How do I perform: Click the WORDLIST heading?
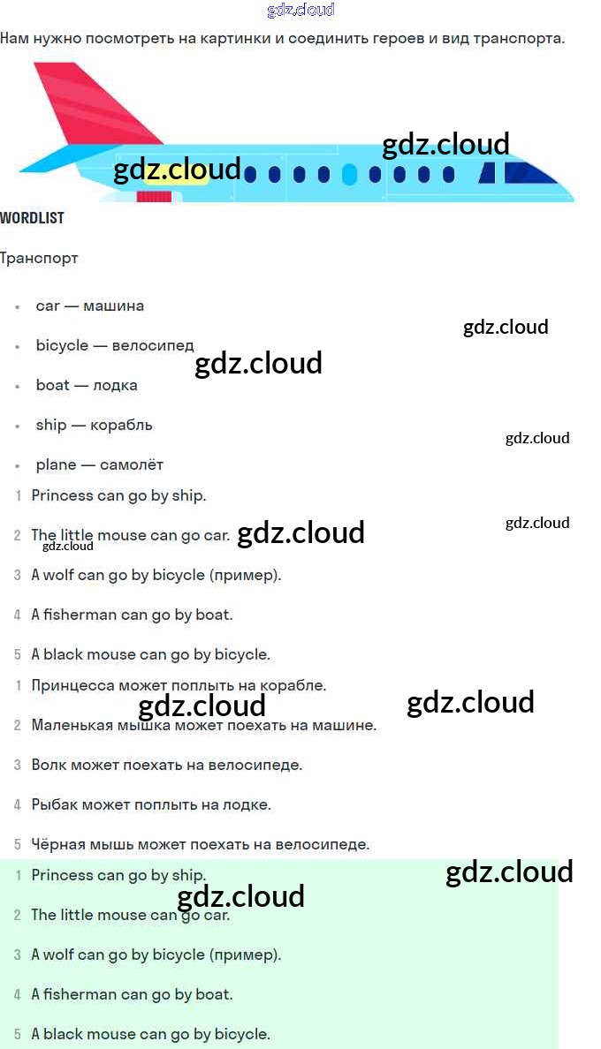(32, 218)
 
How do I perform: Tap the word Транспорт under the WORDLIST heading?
(39, 258)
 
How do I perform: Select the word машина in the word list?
(113, 306)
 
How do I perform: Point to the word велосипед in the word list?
(153, 345)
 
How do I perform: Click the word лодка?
(115, 385)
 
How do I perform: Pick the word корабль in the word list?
(121, 425)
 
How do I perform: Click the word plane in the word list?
(56, 464)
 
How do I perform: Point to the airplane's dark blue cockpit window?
(517, 173)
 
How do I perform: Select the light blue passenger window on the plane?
(349, 174)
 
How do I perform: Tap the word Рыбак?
(51, 804)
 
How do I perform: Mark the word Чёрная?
(58, 844)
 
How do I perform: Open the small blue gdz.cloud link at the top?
(300, 10)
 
